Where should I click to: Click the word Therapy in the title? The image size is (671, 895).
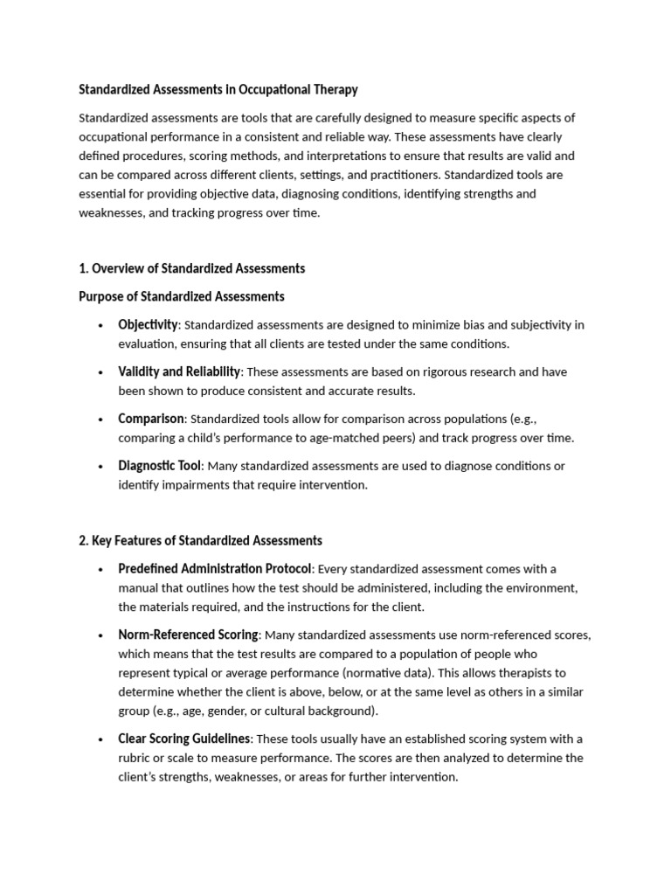click(333, 90)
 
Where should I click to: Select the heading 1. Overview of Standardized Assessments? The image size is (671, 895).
click(191, 268)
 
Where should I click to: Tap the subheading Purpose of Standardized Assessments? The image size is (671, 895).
click(181, 296)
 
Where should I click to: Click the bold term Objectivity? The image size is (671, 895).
click(148, 324)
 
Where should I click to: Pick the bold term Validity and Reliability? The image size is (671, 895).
click(178, 371)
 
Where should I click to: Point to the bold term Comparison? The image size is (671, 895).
click(151, 419)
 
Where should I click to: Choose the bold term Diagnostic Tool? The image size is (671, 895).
click(159, 466)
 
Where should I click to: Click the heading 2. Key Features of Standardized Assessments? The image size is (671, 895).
click(200, 540)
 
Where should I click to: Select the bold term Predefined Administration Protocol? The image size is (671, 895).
click(214, 569)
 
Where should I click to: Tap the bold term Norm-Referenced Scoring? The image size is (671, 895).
click(188, 635)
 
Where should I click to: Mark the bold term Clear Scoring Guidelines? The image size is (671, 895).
click(184, 739)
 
